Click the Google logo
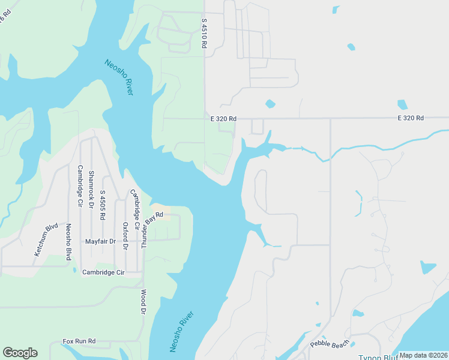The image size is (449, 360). coord(20,353)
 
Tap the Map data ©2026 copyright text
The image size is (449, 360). coord(423,355)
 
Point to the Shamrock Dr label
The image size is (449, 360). coord(91,189)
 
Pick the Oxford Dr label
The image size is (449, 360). coord(125,236)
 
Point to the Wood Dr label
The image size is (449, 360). coord(143,302)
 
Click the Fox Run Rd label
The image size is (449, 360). coord(79,341)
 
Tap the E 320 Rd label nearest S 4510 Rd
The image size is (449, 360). coord(223,119)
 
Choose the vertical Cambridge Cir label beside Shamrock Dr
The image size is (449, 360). coord(80,186)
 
